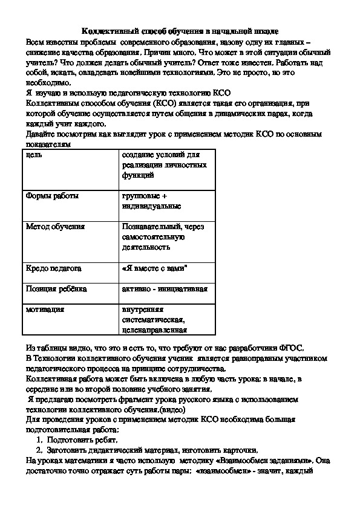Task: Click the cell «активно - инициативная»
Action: click(x=165, y=288)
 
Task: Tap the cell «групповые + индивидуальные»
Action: click(x=151, y=201)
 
